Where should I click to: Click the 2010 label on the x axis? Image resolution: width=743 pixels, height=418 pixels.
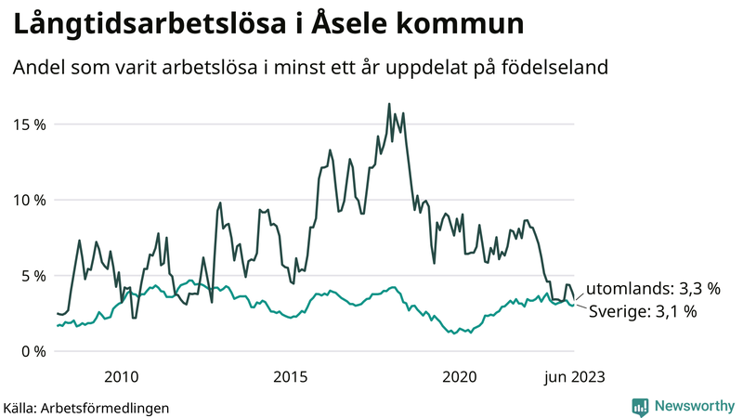pyautogui.click(x=122, y=376)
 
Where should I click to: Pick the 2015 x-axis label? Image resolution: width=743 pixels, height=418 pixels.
pyautogui.click(x=291, y=376)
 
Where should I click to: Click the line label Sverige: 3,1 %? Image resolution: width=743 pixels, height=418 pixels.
pyautogui.click(x=643, y=312)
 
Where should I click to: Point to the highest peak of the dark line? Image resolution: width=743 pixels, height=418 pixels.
pyautogui.click(x=389, y=104)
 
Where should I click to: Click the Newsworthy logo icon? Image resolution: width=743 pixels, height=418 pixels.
pyautogui.click(x=641, y=406)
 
